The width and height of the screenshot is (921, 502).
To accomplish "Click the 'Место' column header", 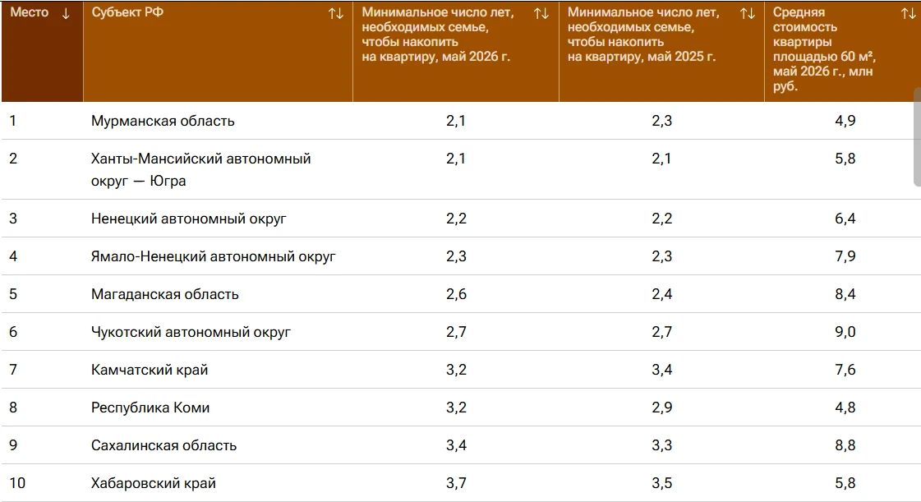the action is (x=30, y=12).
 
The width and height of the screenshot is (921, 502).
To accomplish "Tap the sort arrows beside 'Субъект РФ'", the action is (x=336, y=13).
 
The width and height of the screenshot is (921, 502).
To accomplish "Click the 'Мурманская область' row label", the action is (x=163, y=121).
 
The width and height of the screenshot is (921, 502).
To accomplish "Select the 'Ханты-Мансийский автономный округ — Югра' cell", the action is (x=201, y=170).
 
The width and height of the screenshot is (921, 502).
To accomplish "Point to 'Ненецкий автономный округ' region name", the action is (x=188, y=219).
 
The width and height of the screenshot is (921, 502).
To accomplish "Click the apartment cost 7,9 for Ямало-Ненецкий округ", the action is (x=845, y=256).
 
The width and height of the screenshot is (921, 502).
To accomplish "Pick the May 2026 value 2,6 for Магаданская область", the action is (x=456, y=294).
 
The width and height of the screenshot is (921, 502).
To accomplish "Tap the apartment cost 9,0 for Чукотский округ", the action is (x=845, y=332).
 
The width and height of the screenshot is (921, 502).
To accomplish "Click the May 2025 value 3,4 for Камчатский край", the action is (x=662, y=370).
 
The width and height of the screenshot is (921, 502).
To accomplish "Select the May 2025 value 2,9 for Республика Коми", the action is (x=662, y=408).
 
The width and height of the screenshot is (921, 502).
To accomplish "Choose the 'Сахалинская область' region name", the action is (x=163, y=445).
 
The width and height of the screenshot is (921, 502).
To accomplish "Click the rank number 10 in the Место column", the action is (x=17, y=483).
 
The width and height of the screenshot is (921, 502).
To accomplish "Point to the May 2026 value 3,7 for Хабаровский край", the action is (x=456, y=483).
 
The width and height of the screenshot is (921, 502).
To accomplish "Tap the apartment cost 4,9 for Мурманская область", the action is (x=845, y=121).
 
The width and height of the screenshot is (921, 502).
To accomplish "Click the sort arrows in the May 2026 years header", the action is (x=541, y=13).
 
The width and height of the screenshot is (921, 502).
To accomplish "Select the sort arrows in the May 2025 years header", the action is (x=748, y=13).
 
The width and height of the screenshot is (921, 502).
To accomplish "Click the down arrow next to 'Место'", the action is (x=66, y=13).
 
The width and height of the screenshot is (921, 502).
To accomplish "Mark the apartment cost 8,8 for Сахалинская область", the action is (x=845, y=445).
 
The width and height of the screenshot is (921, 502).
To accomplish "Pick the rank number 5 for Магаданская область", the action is (x=13, y=294).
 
